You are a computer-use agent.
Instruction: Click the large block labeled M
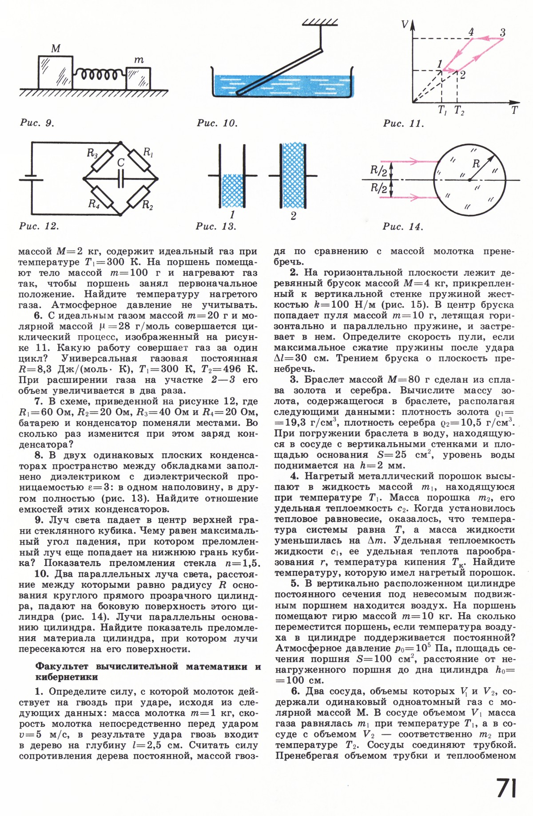pos(56,72)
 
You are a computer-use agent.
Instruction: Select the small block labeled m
pos(138,78)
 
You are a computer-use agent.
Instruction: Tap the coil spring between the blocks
pos(100,74)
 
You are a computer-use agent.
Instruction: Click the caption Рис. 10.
pos(217,123)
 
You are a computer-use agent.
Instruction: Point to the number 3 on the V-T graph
pos(502,32)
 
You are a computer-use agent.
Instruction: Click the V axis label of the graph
pos(405,24)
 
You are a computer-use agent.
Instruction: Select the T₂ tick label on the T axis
pos(459,111)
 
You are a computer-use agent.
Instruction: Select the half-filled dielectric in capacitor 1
pos(232,190)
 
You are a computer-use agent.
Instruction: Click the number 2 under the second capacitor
pos(293,217)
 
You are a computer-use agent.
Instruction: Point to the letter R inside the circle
pos(476,164)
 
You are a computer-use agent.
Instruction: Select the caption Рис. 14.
pos(403,227)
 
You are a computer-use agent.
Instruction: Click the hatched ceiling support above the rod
pos(320,22)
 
